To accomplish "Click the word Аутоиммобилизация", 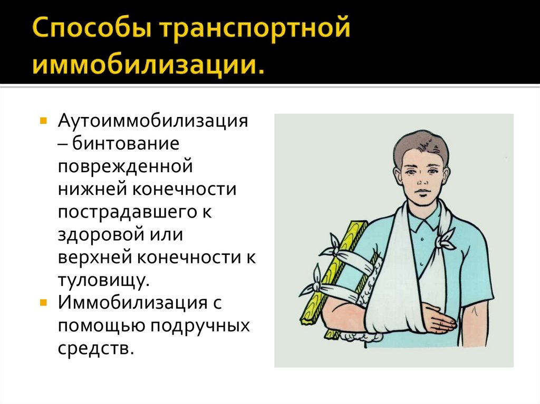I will (x=153, y=122).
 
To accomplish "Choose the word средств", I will (x=93, y=348).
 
